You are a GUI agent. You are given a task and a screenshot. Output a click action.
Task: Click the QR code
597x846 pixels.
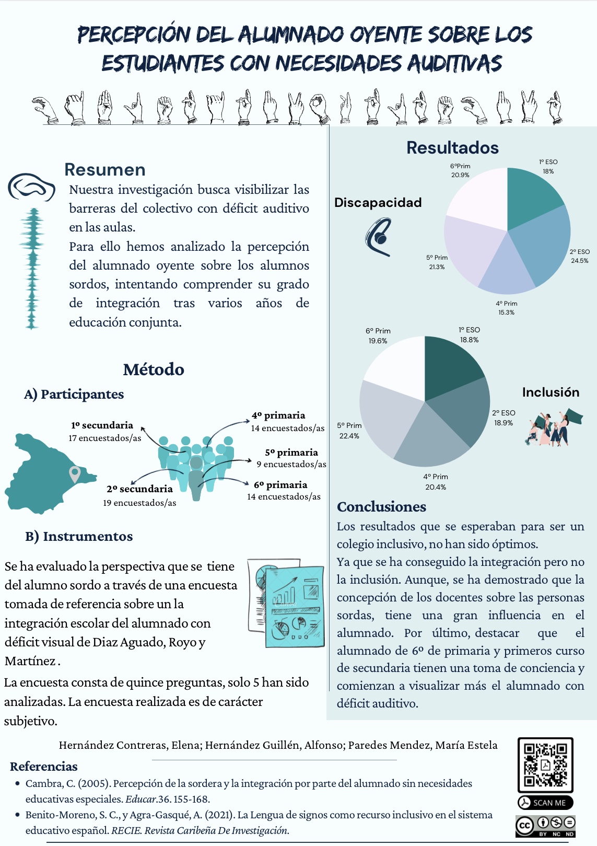(545, 764)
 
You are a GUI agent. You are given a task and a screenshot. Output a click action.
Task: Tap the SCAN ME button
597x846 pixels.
(545, 803)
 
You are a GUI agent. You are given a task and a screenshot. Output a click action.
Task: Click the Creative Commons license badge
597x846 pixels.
(545, 826)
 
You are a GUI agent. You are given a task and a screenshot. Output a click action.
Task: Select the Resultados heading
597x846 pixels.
(452, 148)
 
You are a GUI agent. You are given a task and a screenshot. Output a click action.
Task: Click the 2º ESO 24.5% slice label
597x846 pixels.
(579, 256)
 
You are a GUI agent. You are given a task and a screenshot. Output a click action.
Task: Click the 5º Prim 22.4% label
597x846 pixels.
(349, 431)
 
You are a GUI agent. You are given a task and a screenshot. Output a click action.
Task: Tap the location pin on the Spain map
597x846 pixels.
(75, 474)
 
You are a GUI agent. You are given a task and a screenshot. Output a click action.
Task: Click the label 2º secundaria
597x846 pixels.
(139, 489)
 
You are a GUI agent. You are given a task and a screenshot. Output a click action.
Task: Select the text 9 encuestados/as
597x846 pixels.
(291, 464)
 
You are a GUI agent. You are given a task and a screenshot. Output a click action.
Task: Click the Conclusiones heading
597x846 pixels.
(381, 507)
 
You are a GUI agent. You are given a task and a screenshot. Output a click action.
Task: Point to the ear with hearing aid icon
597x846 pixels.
(379, 237)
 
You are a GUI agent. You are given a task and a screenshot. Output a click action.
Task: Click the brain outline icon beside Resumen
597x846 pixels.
(31, 187)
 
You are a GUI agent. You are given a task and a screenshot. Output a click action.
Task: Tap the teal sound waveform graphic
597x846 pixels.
(32, 269)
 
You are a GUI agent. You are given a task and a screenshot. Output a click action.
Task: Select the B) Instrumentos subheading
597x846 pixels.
(79, 536)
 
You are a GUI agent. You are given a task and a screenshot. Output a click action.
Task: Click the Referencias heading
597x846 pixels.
(43, 767)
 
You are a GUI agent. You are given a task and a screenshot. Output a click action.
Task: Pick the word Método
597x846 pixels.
(154, 369)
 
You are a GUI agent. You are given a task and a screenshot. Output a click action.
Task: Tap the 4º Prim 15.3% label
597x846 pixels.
(506, 308)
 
